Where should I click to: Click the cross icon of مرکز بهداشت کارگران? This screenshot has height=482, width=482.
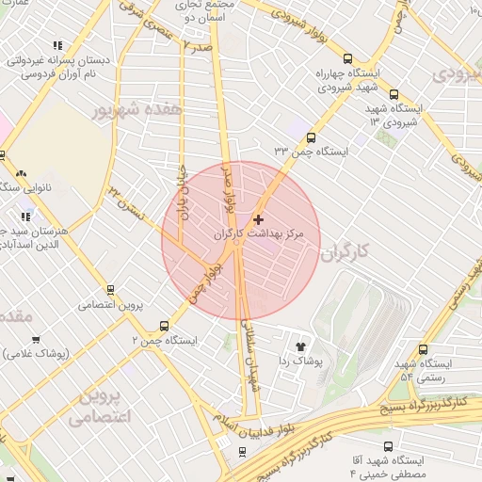[259, 219]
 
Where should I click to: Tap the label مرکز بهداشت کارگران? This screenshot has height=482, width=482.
[268, 233]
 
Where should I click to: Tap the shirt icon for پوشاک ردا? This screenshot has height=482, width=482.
[300, 345]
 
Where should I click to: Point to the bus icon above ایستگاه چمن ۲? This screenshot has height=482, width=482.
[165, 325]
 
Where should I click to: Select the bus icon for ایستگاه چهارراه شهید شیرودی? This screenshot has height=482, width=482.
[347, 57]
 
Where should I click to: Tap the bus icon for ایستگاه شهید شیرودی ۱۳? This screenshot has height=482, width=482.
[394, 94]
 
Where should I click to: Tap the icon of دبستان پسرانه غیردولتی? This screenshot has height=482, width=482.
[58, 44]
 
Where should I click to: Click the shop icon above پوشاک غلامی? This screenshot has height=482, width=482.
[36, 340]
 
